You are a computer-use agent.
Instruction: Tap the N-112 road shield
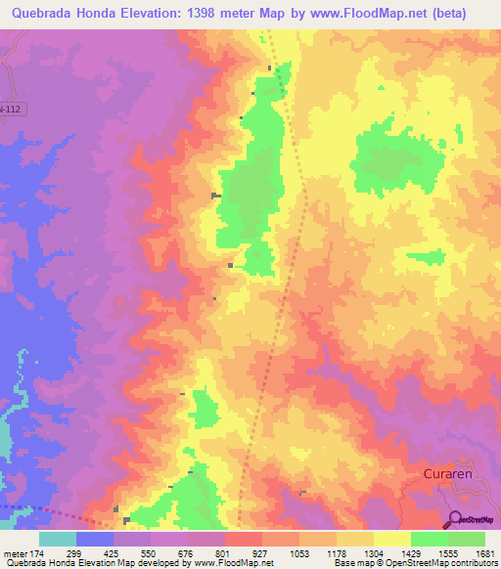pyautogui.click(x=10, y=108)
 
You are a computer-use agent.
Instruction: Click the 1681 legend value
pyautogui.click(x=484, y=552)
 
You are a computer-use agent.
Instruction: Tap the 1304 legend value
pyautogui.click(x=374, y=552)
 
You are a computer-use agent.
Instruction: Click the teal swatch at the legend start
pyautogui.click(x=58, y=539)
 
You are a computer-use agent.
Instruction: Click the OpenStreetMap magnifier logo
pyautogui.click(x=456, y=518)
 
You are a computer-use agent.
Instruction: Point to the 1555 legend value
pyautogui.click(x=447, y=552)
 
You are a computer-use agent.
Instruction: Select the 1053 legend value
pyautogui.click(x=299, y=552)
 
